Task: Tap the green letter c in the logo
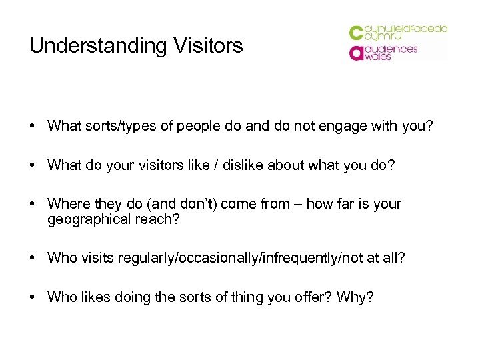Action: tap(356, 33)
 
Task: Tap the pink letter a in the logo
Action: tap(356, 53)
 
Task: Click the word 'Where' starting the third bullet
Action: tap(66, 204)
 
